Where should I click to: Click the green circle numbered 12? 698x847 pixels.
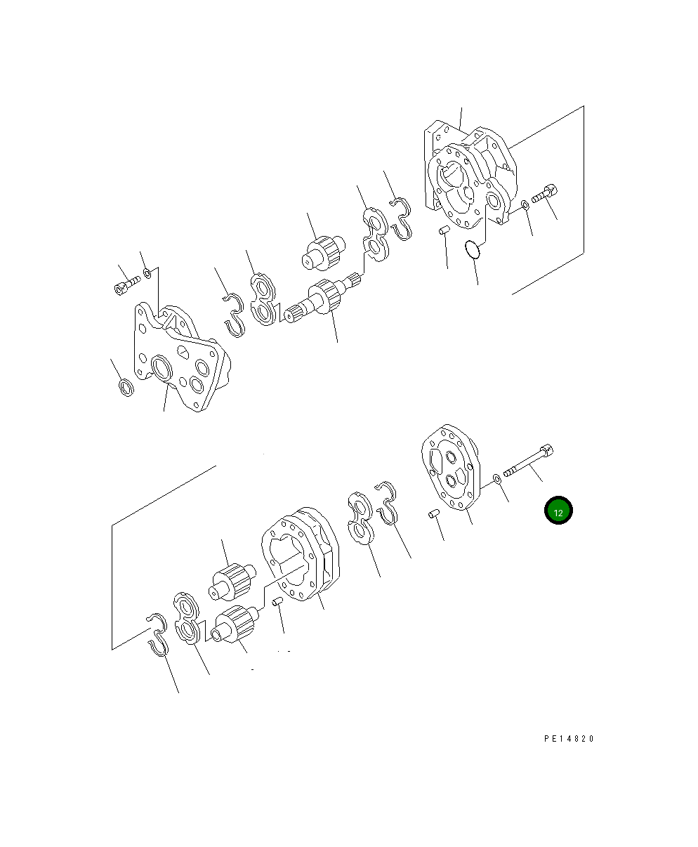point(558,510)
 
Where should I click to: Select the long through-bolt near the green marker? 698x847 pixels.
point(529,461)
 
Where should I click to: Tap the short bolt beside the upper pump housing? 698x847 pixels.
point(544,194)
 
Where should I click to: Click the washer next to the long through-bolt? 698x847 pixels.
point(497,479)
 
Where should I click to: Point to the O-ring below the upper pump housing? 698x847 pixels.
point(472,249)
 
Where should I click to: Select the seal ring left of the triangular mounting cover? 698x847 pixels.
point(126,388)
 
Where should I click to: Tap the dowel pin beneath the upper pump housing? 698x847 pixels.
point(444,230)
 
